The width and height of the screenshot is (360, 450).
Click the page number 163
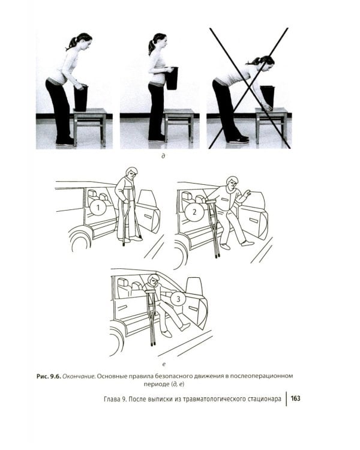(295, 398)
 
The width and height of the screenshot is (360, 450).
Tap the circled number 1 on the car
(98, 208)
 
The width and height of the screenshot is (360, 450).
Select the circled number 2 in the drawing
(194, 212)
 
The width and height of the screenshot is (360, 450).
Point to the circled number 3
(178, 299)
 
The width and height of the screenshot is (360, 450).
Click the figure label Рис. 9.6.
(49, 377)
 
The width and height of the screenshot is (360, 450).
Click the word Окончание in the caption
(79, 377)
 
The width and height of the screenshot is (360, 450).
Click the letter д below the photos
(163, 156)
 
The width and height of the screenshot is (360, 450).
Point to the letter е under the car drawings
(164, 364)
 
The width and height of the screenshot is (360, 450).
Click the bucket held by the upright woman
(172, 78)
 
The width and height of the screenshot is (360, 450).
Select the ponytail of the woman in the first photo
(71, 44)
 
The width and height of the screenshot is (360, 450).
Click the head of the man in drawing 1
(131, 173)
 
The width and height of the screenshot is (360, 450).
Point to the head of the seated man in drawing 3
(154, 280)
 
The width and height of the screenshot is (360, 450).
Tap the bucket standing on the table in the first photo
(80, 98)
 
